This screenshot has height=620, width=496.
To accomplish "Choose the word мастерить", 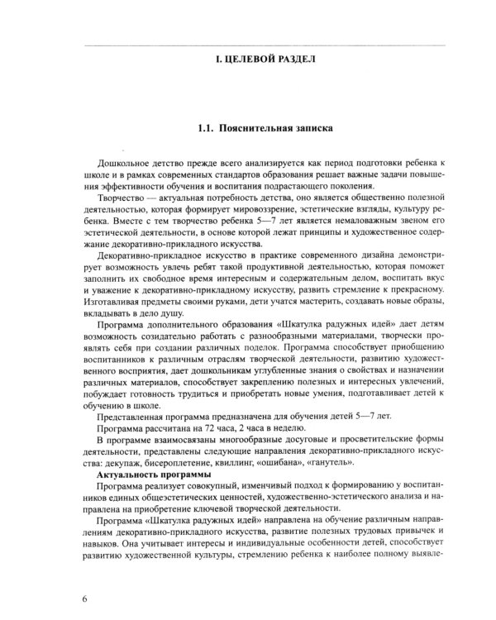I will (296, 293).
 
